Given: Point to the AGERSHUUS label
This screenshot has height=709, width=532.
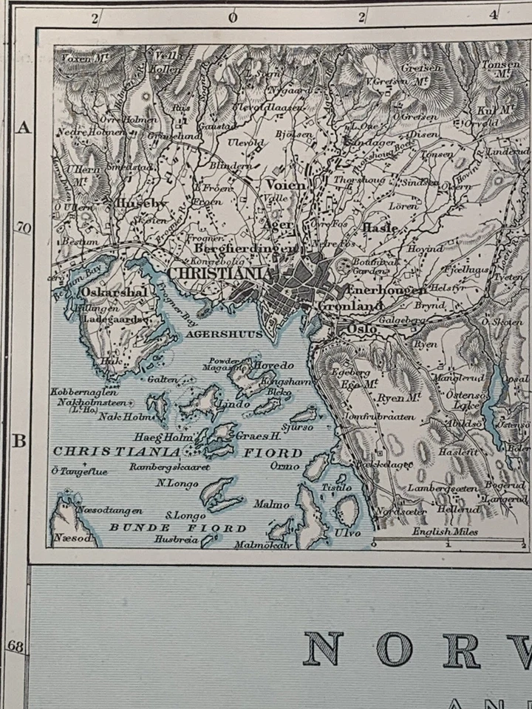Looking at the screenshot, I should (214, 333).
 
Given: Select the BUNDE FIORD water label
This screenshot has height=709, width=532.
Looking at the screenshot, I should (177, 527).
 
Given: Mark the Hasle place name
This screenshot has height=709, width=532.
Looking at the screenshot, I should (380, 228).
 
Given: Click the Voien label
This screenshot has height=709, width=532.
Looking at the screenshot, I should (284, 185).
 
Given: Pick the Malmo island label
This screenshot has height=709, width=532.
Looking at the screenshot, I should (271, 504).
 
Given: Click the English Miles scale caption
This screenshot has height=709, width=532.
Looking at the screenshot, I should (445, 532).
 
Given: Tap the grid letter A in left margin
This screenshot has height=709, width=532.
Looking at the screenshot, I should (24, 128).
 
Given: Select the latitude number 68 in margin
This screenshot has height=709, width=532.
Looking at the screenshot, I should (16, 646).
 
